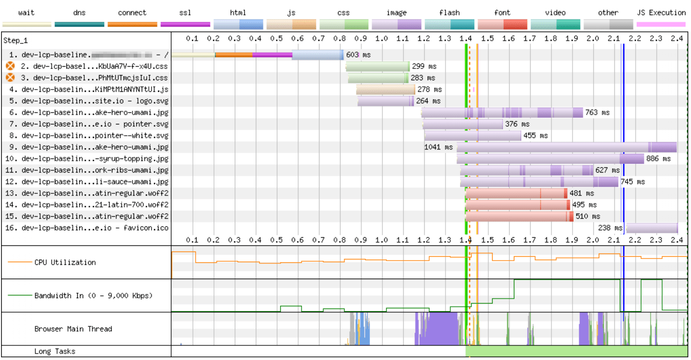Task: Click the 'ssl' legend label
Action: click(185, 12)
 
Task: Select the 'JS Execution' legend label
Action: click(661, 12)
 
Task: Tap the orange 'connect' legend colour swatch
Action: click(133, 24)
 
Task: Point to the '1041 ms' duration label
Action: click(438, 147)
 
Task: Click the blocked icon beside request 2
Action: click(10, 66)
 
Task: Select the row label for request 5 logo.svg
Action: click(87, 101)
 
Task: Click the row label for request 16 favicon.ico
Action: click(87, 228)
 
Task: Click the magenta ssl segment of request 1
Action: click(272, 55)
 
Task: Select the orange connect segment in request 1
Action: click(234, 55)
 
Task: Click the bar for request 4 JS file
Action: click(386, 90)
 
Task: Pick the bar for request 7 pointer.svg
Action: click(463, 124)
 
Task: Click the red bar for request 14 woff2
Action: click(518, 205)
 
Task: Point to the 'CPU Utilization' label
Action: click(65, 262)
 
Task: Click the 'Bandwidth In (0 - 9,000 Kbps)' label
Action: click(93, 296)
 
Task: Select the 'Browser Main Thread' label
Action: click(73, 329)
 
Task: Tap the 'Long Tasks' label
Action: click(54, 351)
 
